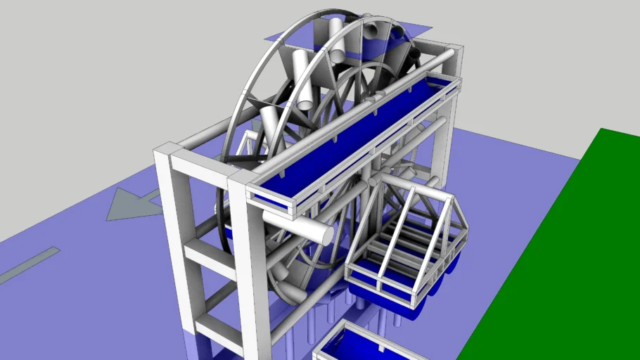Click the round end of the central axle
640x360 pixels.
[x=324, y=235]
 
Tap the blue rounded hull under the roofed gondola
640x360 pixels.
[x=394, y=295]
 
